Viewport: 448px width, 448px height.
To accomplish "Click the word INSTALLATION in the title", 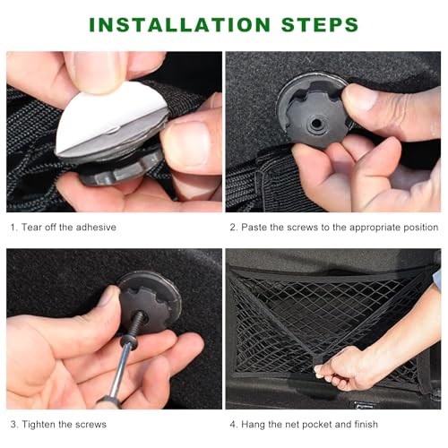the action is tap(180, 24).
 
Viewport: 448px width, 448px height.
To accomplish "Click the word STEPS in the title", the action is tap(320, 24).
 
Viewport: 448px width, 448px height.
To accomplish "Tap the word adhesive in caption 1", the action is tap(96, 228).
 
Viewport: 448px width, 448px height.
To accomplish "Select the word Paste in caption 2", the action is tap(254, 228).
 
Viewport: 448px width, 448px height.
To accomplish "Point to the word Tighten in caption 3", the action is tap(38, 425).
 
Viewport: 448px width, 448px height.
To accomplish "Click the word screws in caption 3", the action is tap(90, 425).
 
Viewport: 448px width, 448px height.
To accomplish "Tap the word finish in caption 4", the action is tap(366, 424).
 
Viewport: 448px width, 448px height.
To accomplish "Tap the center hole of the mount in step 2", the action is tap(314, 123).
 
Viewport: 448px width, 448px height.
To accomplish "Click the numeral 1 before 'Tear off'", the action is tap(13, 228).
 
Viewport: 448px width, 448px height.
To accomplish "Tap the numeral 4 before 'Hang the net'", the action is tap(233, 425).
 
